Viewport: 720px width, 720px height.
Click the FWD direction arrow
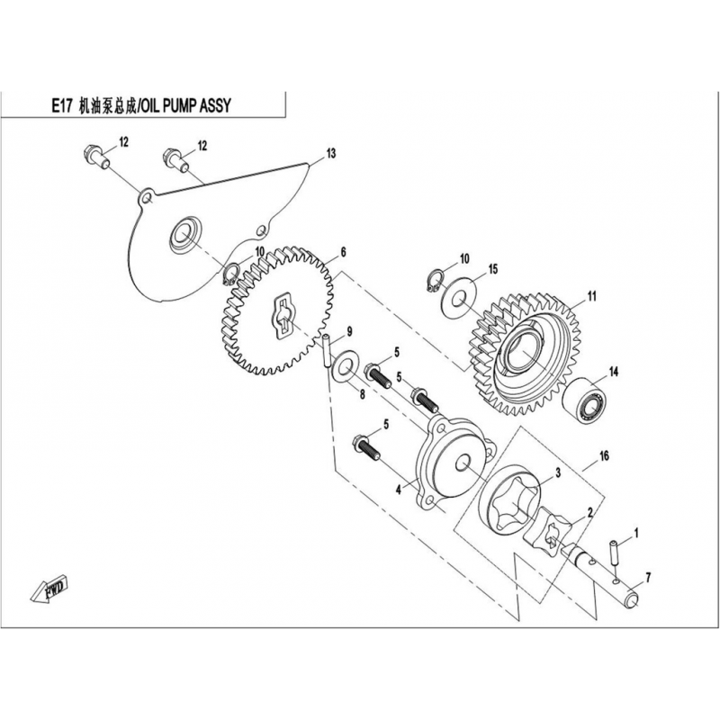[49, 589]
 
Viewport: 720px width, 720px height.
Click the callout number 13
[331, 153]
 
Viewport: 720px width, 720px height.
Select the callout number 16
[604, 456]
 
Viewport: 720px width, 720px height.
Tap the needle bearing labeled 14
[584, 400]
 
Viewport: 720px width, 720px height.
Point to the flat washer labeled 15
[458, 300]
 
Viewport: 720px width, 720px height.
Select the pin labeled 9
[327, 351]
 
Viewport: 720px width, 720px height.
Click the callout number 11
[592, 296]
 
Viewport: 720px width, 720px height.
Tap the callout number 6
[343, 252]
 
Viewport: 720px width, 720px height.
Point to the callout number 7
[648, 578]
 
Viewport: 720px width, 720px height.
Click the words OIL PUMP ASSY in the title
[185, 106]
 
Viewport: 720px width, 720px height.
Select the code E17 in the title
[60, 106]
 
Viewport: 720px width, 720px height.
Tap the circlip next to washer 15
[434, 281]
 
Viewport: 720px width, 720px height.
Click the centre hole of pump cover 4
[461, 463]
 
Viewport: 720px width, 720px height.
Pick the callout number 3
[558, 472]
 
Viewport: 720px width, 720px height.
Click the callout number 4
[399, 490]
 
